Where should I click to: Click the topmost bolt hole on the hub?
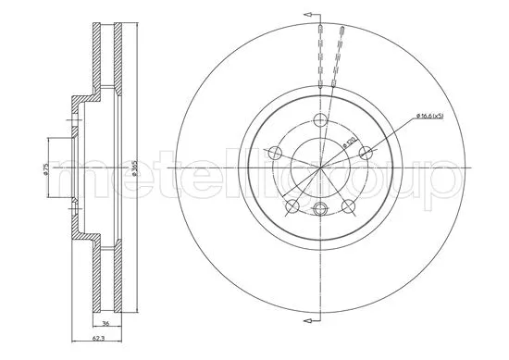point(320,119)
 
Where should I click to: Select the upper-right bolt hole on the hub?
point(366,153)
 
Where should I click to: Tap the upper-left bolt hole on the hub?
point(275,153)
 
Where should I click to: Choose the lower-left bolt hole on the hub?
point(292,205)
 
